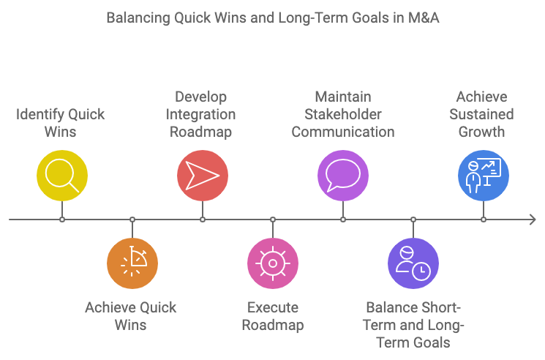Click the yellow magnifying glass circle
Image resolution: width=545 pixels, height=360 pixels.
[x=62, y=176]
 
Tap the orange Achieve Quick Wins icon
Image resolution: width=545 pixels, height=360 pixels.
[x=132, y=263]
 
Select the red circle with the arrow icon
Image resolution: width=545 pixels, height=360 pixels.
[x=203, y=176]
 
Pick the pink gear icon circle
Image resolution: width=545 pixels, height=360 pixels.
[x=273, y=263]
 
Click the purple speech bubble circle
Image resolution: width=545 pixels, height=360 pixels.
[x=343, y=176]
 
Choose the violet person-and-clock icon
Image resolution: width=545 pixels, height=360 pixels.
[x=413, y=263]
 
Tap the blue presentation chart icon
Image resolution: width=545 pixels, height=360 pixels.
[x=484, y=176]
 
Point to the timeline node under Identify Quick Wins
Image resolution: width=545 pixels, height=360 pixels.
[x=62, y=220]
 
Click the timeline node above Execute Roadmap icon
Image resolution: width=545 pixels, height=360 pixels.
[x=273, y=220]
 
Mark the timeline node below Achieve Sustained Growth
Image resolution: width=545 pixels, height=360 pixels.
[x=484, y=220]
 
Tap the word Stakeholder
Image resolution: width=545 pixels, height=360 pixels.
[x=343, y=114]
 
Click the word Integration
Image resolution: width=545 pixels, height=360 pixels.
[x=201, y=115]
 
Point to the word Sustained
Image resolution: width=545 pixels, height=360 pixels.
[x=482, y=114]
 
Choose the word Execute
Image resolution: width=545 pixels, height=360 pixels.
[x=273, y=307]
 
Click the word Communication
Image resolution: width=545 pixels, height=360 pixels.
[x=343, y=132]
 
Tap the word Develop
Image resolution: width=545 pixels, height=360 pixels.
[x=201, y=97]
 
